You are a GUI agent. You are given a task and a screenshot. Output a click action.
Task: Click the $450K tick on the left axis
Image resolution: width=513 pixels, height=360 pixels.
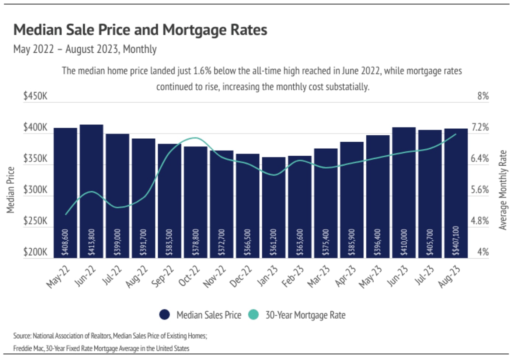point(35,96)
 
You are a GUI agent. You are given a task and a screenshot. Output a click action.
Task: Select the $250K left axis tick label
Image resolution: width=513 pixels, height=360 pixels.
point(35,221)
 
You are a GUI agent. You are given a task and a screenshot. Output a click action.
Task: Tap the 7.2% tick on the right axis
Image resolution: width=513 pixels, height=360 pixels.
point(480,128)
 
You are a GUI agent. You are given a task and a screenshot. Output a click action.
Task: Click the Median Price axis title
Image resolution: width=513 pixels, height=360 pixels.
point(11,190)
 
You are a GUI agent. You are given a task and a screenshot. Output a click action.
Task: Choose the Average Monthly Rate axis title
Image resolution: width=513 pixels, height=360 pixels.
point(503,190)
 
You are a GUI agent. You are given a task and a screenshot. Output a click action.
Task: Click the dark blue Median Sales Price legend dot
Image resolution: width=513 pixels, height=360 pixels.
point(164,315)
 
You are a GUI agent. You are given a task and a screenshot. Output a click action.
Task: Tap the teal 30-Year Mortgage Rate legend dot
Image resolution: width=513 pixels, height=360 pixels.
point(253,315)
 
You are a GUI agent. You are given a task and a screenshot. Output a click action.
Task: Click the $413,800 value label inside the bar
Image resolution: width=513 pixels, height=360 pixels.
point(91,242)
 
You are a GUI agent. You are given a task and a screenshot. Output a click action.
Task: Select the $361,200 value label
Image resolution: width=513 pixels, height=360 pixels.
point(273,242)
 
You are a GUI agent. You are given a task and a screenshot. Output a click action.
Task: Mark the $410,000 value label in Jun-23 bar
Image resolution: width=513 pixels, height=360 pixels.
point(404,242)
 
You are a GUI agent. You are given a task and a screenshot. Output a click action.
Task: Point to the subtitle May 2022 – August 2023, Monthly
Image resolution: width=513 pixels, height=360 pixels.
point(85,49)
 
